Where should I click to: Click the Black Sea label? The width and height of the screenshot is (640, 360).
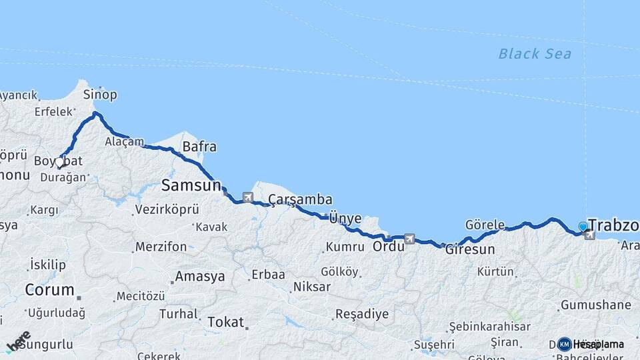535,54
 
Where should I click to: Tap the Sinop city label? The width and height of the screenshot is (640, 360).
100,95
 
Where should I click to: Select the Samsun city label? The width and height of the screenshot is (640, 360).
191,185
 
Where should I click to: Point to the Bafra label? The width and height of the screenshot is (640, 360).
199,147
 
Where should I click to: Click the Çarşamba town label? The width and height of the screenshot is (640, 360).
300,200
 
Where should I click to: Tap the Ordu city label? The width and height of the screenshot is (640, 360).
388,246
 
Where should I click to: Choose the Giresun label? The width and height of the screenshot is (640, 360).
470,250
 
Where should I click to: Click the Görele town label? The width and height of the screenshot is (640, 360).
485,225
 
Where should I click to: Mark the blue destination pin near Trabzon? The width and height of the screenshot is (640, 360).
583,227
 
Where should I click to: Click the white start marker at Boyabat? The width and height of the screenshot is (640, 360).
59,162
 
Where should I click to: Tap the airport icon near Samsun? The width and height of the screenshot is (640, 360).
248,197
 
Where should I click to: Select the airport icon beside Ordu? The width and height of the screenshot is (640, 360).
409,238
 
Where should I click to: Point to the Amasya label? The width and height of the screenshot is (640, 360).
199,277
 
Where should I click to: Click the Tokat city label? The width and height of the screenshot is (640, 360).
225,322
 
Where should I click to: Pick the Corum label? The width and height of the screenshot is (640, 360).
49,290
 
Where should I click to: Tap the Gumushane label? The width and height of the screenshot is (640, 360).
595,305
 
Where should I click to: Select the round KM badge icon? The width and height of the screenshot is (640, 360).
564,344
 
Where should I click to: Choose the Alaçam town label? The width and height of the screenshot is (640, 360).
124,141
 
